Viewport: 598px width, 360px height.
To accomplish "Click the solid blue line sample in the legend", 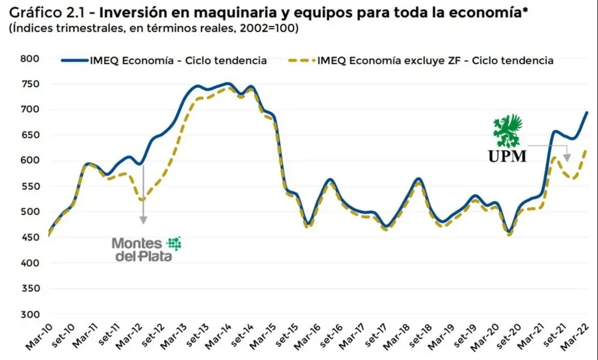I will [75, 60].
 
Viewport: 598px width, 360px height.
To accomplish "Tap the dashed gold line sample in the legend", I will [301, 60].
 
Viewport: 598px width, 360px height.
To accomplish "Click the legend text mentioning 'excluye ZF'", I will [434, 60].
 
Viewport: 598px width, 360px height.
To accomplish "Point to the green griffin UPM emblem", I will [509, 131].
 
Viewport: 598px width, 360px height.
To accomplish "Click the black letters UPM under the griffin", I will [507, 156].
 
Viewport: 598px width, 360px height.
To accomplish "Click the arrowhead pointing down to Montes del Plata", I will [143, 220].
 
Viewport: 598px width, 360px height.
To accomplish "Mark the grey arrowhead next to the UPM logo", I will [566, 157].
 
